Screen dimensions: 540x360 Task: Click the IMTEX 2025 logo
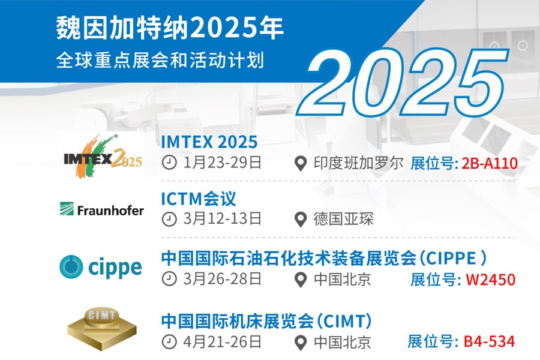coord(103,157)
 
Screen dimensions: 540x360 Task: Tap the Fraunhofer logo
coord(101,209)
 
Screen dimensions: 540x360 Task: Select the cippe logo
coord(101,268)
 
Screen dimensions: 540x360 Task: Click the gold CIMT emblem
coord(102,329)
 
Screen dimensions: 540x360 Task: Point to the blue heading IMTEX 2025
coord(209,142)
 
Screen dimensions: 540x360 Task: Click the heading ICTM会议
coord(199,199)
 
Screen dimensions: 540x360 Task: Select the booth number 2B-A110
coord(490,163)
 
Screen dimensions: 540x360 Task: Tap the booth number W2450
coord(490,280)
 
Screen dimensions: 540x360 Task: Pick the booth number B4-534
coord(490,341)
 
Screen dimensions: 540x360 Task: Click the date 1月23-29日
coord(222,163)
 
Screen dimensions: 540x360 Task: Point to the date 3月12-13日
coord(222,219)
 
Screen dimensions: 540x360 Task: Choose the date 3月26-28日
coord(222,279)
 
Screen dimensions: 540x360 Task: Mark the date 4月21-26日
coord(222,342)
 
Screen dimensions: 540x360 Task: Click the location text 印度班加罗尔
coord(358,163)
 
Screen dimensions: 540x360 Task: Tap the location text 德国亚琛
coord(343,219)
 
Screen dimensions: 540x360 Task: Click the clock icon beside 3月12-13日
coord(169,219)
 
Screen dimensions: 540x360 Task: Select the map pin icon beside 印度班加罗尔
coord(301,164)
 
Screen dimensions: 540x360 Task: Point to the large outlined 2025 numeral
coord(403,83)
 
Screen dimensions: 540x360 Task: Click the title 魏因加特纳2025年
coord(170,28)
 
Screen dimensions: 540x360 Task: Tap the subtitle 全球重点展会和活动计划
coord(160,60)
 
